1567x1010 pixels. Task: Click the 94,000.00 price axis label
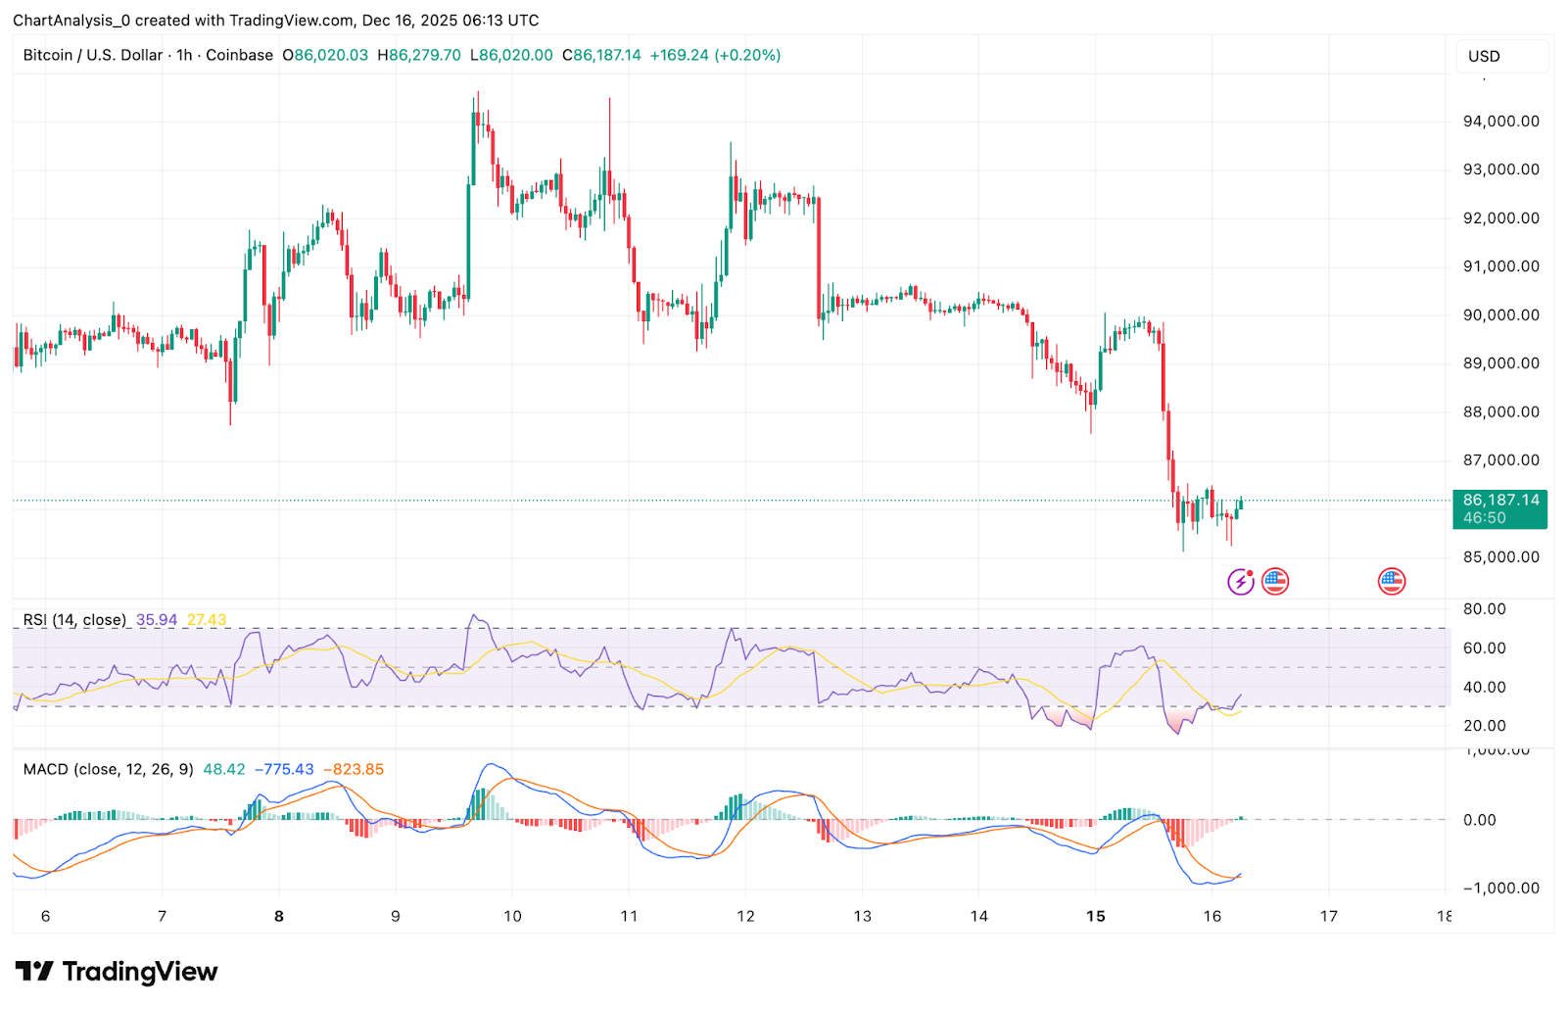[1500, 121]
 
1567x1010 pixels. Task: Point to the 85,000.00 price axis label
[1500, 557]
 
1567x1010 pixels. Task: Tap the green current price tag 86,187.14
[1500, 501]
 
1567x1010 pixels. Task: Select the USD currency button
[1484, 56]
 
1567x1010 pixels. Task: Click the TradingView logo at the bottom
[117, 972]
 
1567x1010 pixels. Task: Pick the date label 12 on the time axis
[745, 917]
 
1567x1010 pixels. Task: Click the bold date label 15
[1096, 917]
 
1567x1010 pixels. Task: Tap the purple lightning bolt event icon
[1241, 582]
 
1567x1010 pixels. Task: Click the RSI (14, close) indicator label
[75, 620]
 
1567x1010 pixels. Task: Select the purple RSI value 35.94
[157, 620]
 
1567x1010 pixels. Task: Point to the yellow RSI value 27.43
[207, 620]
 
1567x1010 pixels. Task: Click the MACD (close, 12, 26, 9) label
[108, 770]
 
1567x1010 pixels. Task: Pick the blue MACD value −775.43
[284, 770]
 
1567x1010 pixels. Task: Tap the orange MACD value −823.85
[354, 770]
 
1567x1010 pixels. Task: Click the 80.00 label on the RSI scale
[1484, 609]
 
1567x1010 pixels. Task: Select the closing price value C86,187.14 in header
[601, 56]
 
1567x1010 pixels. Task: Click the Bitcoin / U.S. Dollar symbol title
[93, 56]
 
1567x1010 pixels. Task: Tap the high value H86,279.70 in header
[418, 56]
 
